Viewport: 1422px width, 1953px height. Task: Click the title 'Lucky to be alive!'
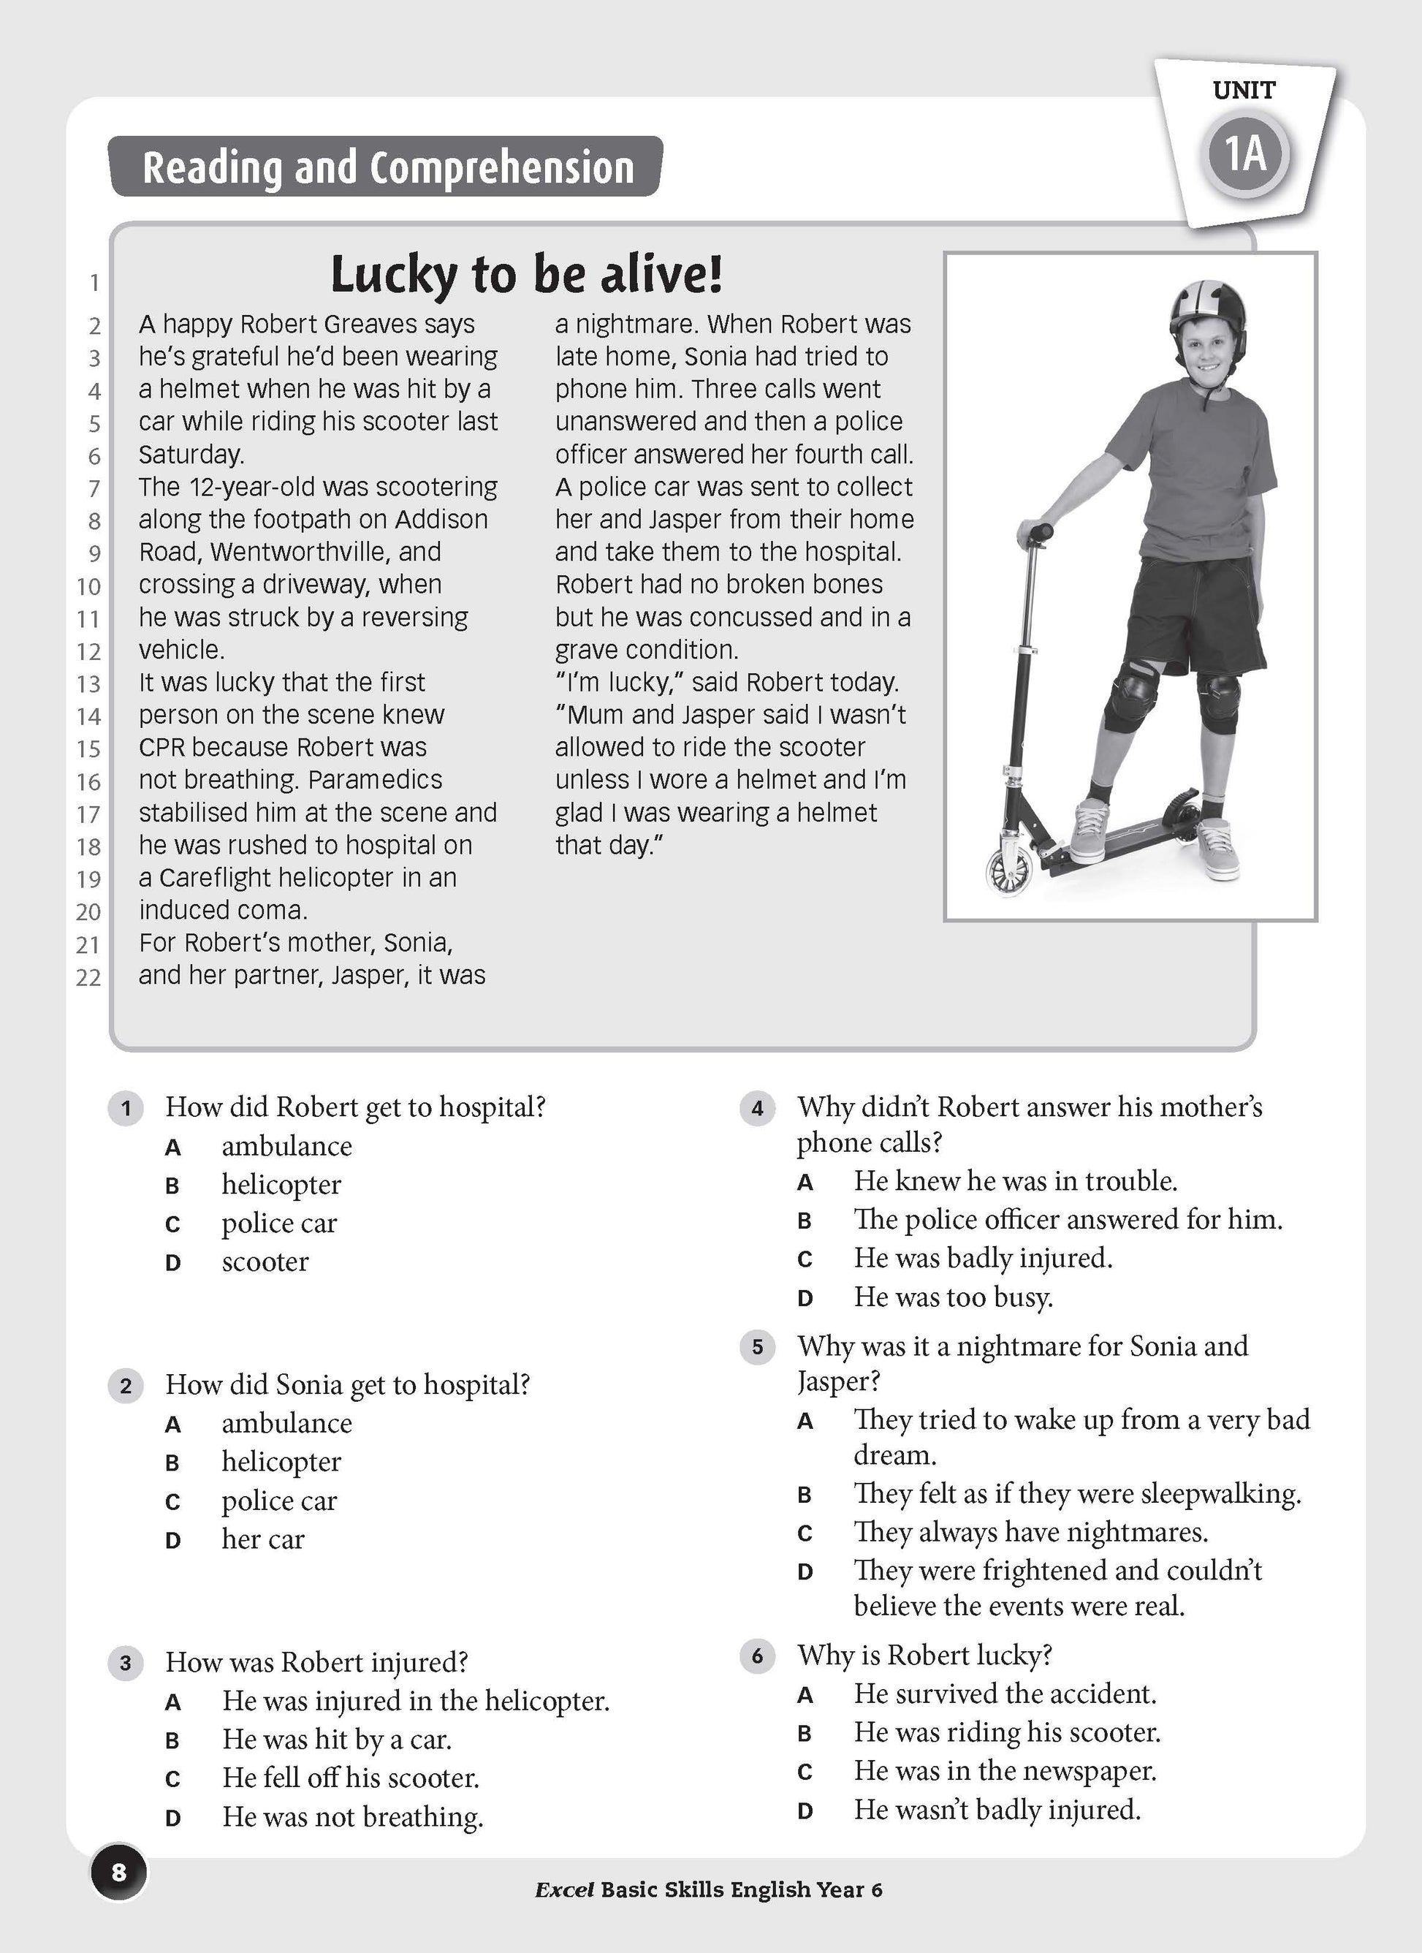point(526,275)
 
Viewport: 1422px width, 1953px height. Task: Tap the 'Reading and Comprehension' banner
point(387,167)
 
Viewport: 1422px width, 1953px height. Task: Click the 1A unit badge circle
point(1246,155)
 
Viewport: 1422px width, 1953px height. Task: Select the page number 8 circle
point(119,1870)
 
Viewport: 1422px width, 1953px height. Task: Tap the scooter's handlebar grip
point(1035,533)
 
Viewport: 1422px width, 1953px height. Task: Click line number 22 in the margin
point(88,977)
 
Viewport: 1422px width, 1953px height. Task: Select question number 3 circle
point(126,1662)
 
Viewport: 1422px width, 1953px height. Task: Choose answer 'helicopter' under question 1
point(281,1185)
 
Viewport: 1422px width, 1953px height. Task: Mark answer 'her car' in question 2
point(262,1539)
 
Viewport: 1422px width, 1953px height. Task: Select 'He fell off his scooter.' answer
point(350,1778)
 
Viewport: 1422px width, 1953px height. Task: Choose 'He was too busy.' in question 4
point(953,1297)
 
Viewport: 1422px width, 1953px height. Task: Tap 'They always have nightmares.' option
point(1030,1532)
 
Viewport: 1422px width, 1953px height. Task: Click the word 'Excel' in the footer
point(564,1889)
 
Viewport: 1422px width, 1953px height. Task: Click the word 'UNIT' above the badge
point(1244,91)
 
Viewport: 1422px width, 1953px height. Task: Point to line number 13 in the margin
point(88,683)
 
